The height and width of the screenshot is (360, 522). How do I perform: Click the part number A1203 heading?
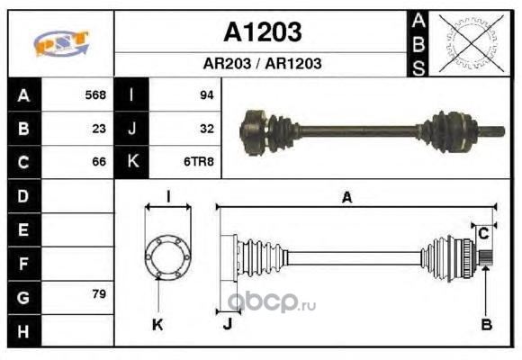262,32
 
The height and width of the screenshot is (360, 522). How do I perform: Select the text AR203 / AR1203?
262,63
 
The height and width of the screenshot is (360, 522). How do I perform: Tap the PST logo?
61,43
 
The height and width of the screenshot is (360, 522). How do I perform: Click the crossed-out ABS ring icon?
471,43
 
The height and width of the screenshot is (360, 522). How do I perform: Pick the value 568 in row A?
95,94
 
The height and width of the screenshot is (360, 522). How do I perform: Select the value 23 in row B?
99,129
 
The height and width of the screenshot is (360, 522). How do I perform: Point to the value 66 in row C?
99,162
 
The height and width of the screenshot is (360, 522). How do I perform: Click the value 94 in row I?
207,95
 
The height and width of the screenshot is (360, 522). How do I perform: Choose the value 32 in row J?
207,129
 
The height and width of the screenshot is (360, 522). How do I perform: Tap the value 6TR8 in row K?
199,162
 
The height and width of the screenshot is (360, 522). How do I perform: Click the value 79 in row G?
99,293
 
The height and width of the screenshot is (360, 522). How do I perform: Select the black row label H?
24,331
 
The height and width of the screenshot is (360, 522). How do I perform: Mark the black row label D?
24,196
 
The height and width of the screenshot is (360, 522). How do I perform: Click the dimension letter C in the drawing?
483,233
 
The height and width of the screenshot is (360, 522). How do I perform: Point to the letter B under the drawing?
486,324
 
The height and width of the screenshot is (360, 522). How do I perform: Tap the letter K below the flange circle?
157,324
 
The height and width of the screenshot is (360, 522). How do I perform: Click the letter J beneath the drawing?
228,324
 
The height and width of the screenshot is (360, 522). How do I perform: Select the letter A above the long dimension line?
346,197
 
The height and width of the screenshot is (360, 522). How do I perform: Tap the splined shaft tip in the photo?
492,131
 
